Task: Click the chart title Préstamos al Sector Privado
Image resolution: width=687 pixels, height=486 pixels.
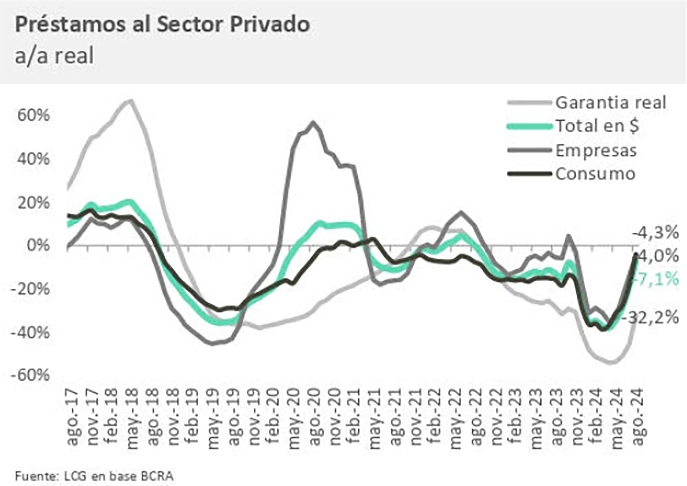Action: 162,25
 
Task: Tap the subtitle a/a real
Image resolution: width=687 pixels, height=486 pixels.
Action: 54,56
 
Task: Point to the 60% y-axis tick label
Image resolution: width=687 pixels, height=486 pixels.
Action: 33,115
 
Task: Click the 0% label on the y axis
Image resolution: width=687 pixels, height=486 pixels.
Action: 38,246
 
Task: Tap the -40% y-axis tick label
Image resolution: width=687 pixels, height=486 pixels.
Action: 30,332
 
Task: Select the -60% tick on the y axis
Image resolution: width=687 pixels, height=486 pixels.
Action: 30,375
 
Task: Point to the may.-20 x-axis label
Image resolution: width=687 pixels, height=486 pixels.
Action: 294,418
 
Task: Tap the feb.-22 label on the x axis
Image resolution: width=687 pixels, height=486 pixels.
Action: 435,418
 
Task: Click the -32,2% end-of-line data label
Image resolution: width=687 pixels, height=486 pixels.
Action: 653,317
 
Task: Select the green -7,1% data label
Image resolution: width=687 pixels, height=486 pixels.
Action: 657,279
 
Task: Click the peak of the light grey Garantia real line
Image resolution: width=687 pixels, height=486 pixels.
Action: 131,101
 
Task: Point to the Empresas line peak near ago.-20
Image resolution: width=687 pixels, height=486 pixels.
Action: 313,123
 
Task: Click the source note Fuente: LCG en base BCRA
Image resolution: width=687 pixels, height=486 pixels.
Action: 94,476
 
